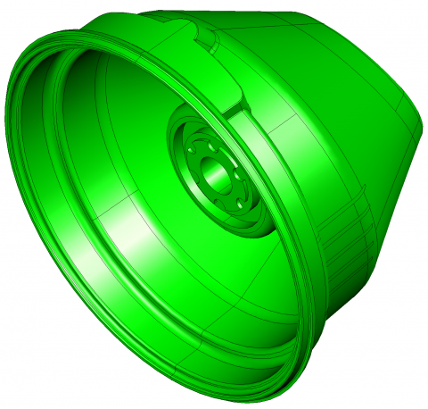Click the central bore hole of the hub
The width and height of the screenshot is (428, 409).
pyautogui.click(x=211, y=168)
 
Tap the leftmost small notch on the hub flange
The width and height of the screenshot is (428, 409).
pyautogui.click(x=190, y=154)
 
